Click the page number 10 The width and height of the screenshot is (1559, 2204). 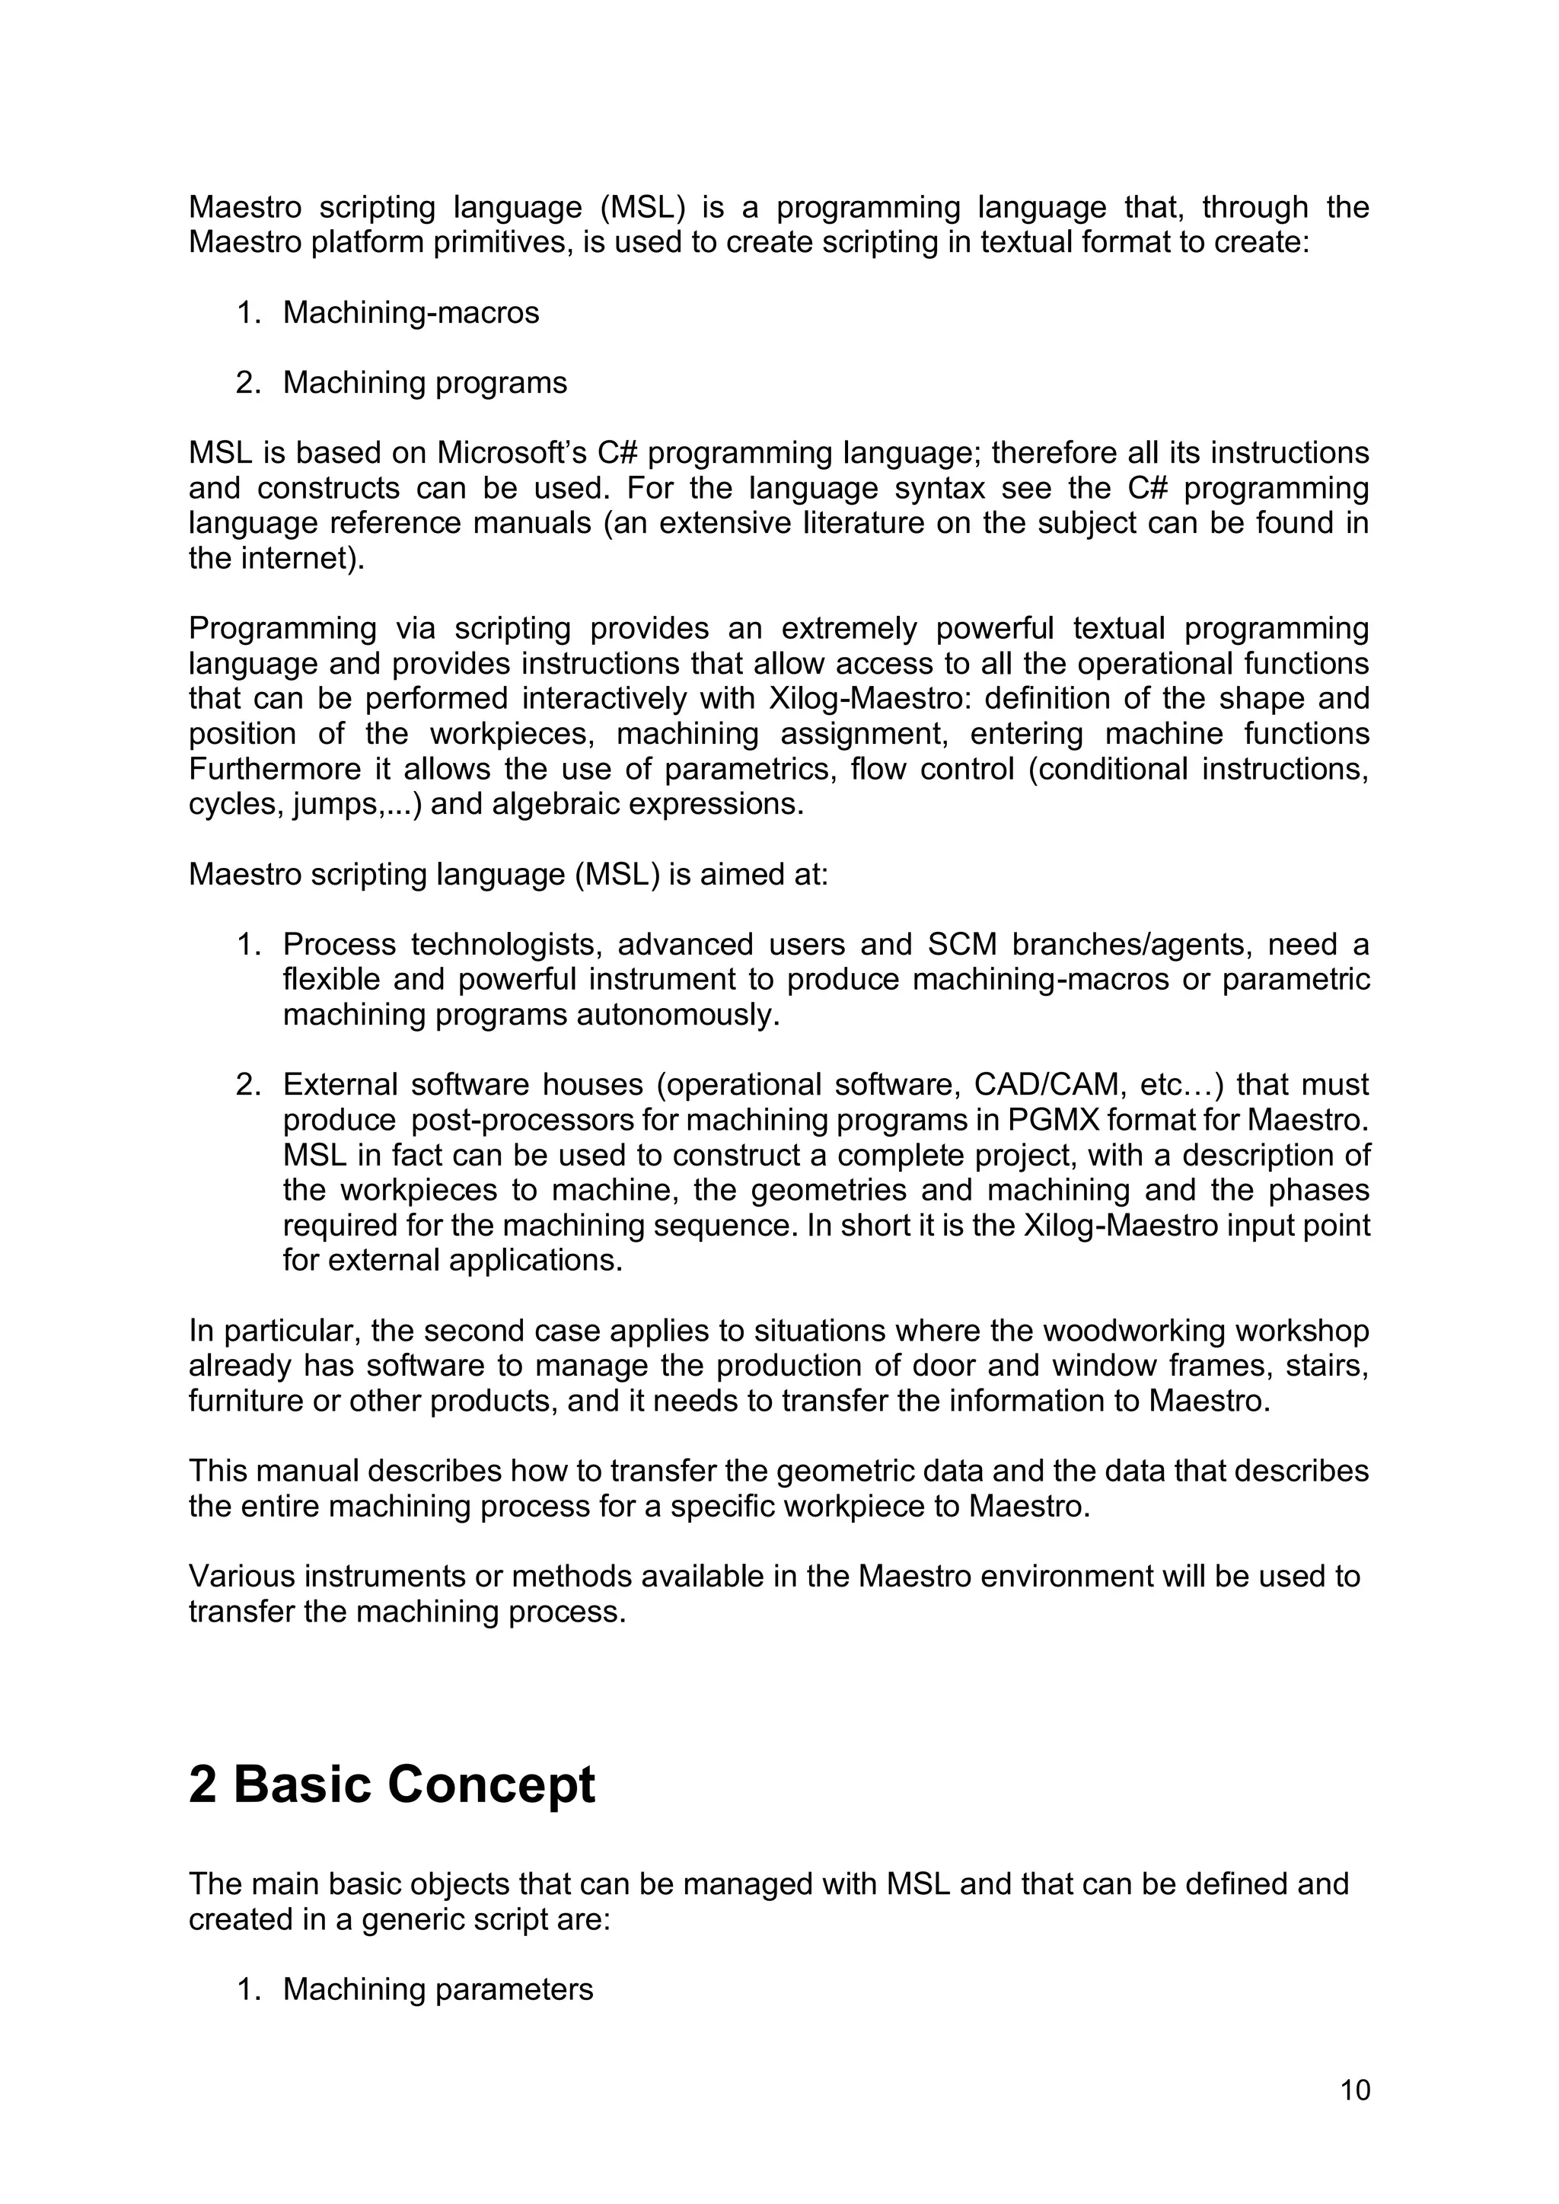pos(1354,2090)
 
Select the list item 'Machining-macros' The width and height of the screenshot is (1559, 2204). pos(411,313)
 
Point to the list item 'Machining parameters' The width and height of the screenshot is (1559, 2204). pos(438,1990)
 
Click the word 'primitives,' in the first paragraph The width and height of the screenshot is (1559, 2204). pos(494,243)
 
